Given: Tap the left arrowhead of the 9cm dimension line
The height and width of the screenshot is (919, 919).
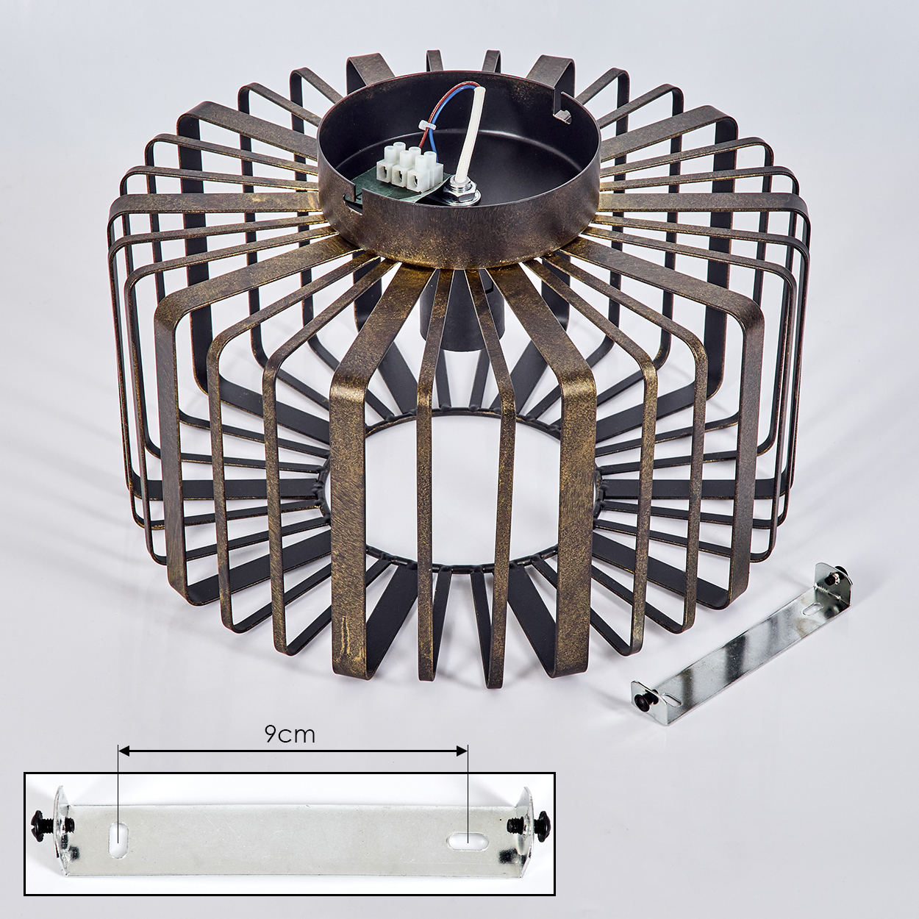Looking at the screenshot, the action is click(x=124, y=765).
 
